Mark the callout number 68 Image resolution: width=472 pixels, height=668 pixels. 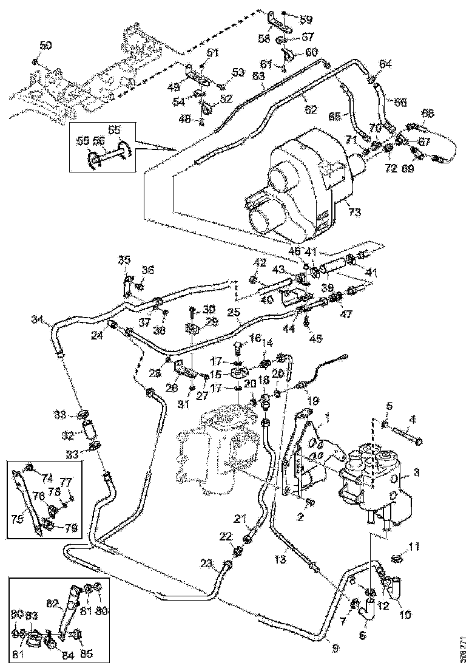point(428,113)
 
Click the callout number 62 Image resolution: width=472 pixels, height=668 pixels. point(311,111)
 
